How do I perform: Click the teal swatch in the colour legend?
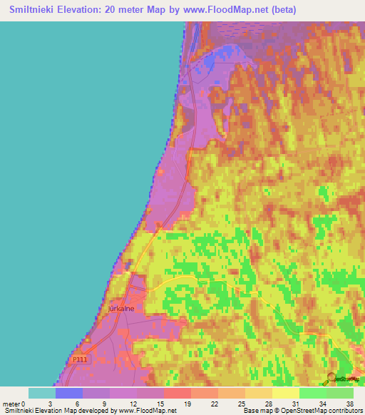tap(42, 393)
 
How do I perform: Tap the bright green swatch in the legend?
tap(312, 393)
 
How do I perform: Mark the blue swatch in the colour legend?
tap(69, 393)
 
